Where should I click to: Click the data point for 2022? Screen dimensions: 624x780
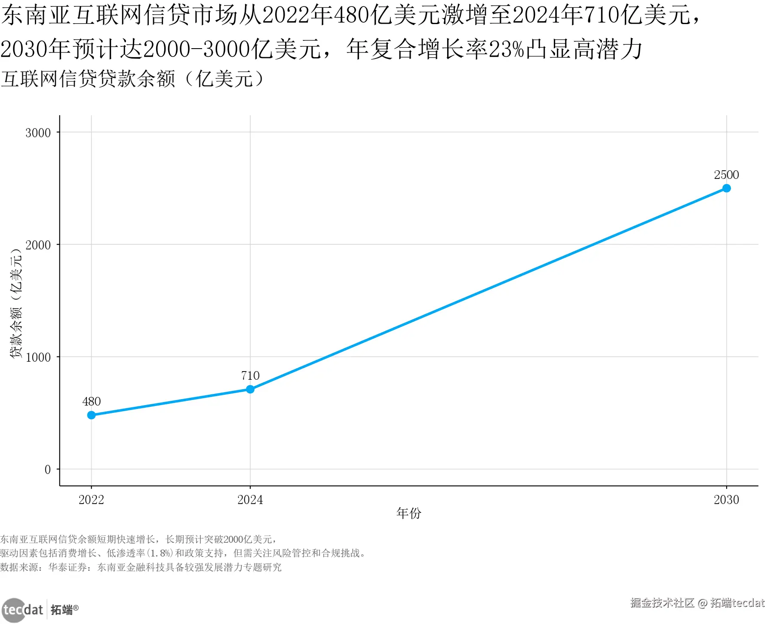91,415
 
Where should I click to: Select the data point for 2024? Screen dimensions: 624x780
250,389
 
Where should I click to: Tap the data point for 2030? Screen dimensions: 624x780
726,188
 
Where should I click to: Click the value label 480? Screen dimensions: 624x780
91,402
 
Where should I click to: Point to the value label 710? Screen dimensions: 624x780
250,376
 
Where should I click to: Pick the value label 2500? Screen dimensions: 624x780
726,175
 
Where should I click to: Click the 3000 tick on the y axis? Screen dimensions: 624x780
38,133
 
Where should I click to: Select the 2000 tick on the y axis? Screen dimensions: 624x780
38,245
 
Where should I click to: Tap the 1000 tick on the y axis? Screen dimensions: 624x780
38,357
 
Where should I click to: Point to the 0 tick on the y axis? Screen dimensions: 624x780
48,470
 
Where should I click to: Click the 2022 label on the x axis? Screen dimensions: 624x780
91,500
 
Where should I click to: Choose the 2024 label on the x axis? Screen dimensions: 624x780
250,500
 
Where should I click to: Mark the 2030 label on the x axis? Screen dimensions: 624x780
726,500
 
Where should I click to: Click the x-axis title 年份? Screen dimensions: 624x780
408,513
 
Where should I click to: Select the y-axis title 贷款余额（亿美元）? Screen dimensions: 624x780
16,303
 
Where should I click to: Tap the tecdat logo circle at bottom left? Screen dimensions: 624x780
14,610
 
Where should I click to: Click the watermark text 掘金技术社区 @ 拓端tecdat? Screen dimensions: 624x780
697,603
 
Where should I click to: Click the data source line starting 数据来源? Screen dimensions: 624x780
141,567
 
